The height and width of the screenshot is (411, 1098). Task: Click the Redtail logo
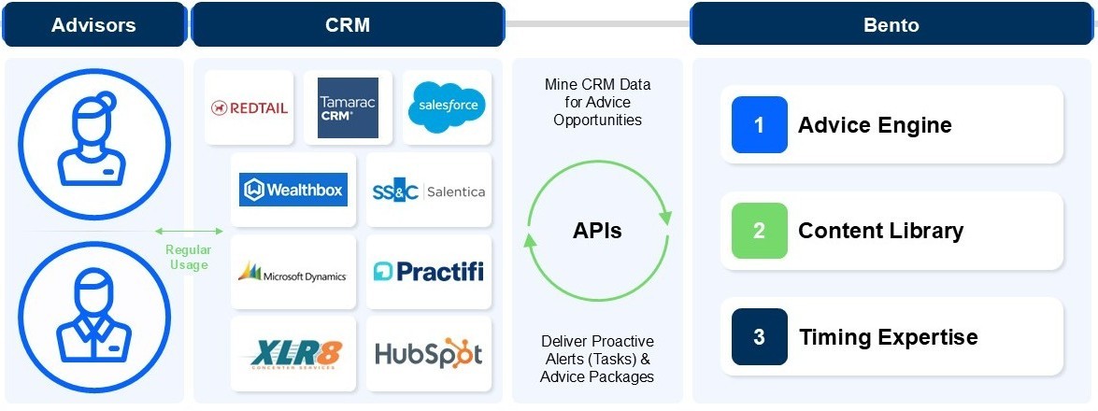point(250,107)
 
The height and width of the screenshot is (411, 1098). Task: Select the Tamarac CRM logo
point(348,107)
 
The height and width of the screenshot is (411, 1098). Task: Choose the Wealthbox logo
point(292,190)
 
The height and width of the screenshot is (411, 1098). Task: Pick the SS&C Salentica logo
point(428,191)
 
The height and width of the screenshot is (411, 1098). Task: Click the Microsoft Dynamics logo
point(292,273)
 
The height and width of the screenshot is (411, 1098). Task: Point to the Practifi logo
point(428,272)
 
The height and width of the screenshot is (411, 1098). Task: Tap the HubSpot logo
point(428,354)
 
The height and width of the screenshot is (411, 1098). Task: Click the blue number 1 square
point(759,124)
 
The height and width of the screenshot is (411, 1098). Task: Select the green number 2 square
point(759,230)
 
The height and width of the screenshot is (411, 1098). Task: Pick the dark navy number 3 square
point(759,336)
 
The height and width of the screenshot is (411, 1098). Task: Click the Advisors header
point(94,25)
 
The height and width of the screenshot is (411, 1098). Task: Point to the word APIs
point(597,231)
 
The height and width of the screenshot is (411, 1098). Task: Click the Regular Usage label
point(188,257)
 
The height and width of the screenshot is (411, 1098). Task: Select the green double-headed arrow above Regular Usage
point(189,231)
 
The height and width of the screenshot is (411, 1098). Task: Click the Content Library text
point(880,231)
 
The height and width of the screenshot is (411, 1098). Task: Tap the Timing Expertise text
point(888,337)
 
